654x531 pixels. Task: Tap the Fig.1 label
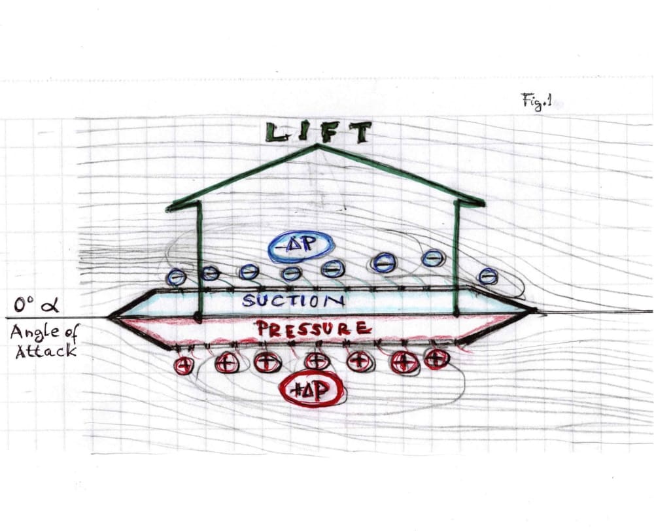coord(536,101)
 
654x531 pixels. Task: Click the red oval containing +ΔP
coord(312,391)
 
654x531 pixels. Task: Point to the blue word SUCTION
coord(293,301)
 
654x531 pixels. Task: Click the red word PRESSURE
coord(313,328)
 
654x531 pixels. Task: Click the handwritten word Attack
coord(42,351)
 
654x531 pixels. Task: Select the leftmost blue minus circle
coord(176,277)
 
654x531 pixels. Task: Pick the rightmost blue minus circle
coord(488,277)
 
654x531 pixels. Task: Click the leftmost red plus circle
coord(184,365)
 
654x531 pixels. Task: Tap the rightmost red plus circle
coord(437,358)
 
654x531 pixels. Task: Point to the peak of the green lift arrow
coord(318,146)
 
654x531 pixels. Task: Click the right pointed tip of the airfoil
coord(535,311)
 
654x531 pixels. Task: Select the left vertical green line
coord(199,262)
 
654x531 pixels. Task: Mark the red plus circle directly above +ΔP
coord(317,360)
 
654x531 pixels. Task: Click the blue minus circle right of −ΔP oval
coord(333,267)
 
